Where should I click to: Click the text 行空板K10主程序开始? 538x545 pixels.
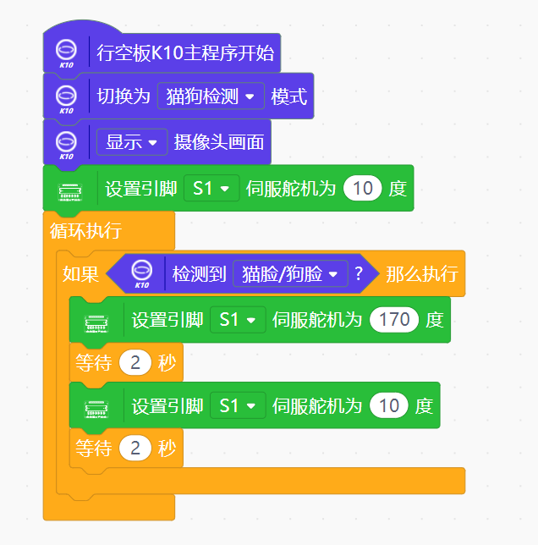[x=185, y=53]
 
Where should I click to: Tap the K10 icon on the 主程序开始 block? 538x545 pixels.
[x=66, y=52]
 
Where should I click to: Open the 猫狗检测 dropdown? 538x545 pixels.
[x=211, y=96]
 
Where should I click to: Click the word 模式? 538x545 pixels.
[x=288, y=96]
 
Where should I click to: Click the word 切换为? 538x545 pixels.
[x=124, y=96]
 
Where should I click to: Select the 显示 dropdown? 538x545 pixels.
[x=131, y=142]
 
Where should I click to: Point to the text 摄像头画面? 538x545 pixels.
[x=218, y=142]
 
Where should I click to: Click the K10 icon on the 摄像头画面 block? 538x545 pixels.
[x=66, y=142]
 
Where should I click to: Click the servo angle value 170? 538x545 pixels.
[x=394, y=319]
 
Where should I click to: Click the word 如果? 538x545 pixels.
[x=80, y=274]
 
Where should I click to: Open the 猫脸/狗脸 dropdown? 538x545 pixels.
[x=289, y=274]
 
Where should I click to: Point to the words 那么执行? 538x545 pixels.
[x=421, y=274]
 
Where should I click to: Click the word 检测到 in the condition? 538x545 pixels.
[x=199, y=274]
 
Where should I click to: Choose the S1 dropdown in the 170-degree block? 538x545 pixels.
[x=237, y=319]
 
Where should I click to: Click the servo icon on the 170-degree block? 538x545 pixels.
[x=96, y=320]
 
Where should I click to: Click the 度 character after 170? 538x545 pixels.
[x=434, y=319]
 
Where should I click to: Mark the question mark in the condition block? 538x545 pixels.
[x=359, y=274]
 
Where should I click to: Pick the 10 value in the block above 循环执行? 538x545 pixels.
[x=363, y=188]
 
